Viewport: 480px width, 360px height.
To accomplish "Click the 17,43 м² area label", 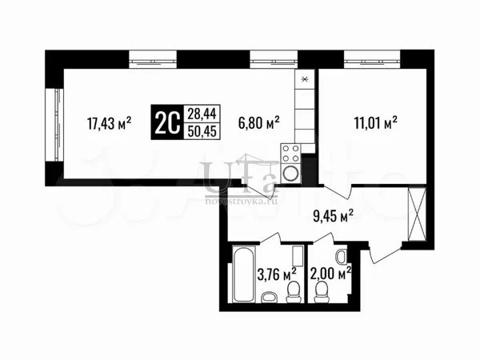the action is point(110,123).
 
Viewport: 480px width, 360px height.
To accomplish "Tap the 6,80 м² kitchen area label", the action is point(258,122).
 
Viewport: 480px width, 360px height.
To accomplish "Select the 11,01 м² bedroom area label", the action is point(376,122).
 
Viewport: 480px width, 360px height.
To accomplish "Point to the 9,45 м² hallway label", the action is point(333,216).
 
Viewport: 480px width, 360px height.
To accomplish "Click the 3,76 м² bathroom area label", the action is point(277,274).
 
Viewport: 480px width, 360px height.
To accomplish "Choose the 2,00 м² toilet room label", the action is point(330,274).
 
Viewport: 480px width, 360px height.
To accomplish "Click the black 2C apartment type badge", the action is point(167,122).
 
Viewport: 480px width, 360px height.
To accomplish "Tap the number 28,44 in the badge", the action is point(202,114).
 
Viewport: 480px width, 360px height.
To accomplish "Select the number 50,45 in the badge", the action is point(202,131).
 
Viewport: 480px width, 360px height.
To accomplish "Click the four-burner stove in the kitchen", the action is point(290,154).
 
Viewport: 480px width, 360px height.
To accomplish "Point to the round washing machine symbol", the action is point(290,174).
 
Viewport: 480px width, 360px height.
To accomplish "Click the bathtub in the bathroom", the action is point(243,274).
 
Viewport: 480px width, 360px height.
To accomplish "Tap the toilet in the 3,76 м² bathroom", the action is point(294,292).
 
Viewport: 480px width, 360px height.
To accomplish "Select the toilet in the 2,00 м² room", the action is point(322,292).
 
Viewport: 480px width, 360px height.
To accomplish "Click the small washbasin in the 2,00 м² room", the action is point(342,257).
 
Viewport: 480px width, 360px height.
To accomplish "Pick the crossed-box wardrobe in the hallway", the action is point(418,214).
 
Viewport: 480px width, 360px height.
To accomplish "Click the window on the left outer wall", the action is point(54,126).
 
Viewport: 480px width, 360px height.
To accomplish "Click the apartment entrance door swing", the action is point(385,253).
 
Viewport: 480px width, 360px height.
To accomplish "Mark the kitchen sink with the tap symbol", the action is point(305,79).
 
